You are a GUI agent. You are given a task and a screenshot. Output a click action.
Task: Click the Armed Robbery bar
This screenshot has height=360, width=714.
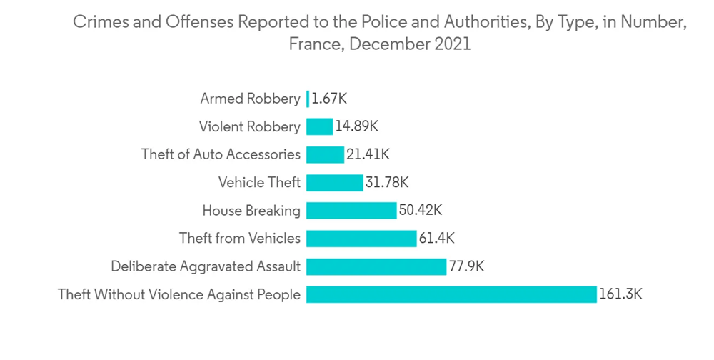(308, 99)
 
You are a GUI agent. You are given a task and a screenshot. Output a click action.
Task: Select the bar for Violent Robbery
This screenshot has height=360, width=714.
(319, 126)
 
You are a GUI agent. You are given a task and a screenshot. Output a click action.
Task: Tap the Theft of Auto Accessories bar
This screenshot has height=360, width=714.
(325, 154)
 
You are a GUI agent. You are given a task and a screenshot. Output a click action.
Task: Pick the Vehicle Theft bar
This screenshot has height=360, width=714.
(334, 182)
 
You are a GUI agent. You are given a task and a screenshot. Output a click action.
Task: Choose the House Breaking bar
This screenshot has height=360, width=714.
(351, 210)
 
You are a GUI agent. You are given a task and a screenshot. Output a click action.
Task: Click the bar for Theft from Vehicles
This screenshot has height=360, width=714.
(361, 238)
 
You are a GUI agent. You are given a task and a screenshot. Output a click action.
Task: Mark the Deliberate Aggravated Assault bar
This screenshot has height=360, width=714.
(376, 266)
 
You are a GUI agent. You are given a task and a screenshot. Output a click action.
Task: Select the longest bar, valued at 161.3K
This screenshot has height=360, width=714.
(451, 294)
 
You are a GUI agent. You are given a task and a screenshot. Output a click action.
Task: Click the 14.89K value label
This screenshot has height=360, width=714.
(356, 126)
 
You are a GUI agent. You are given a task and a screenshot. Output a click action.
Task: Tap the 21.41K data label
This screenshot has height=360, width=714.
(368, 154)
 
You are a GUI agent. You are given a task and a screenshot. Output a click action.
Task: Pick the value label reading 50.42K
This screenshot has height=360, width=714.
(421, 210)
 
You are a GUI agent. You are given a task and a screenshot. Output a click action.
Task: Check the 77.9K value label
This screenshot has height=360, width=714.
(467, 266)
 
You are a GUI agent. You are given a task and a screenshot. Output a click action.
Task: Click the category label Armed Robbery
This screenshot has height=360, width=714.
(250, 99)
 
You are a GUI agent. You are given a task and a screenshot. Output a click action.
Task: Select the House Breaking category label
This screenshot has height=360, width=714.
(251, 211)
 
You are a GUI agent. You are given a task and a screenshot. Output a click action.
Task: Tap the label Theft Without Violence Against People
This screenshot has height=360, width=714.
(179, 294)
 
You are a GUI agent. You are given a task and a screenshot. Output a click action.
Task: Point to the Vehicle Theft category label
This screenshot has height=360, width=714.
(259, 183)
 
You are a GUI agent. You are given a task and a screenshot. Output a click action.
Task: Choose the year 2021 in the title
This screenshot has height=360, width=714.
(451, 44)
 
